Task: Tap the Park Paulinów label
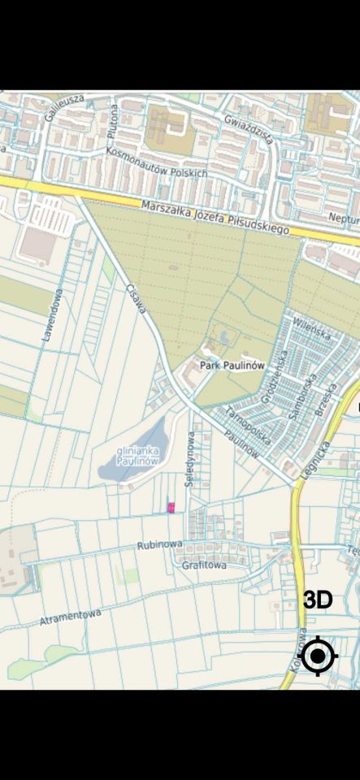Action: point(232,366)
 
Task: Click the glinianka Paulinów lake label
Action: point(137,456)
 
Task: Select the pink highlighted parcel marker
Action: point(171,508)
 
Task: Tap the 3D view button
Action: point(318,600)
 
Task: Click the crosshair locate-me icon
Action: point(318,656)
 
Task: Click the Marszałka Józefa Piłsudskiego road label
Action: point(215,218)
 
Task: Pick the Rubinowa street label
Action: point(159,545)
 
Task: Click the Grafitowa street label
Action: point(204,565)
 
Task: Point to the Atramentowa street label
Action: point(71,617)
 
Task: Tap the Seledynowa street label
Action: point(191,460)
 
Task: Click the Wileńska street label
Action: point(312,332)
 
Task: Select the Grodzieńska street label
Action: point(275,376)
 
